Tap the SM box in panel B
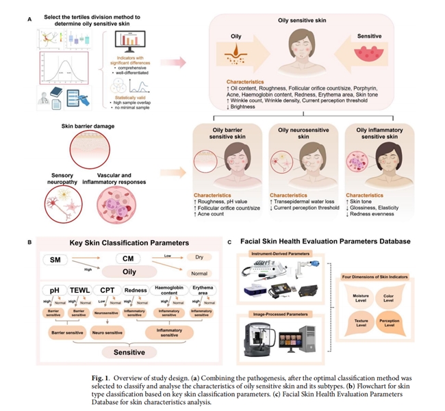coord(58,259)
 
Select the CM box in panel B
coord(127,259)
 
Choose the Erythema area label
coord(207,291)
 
